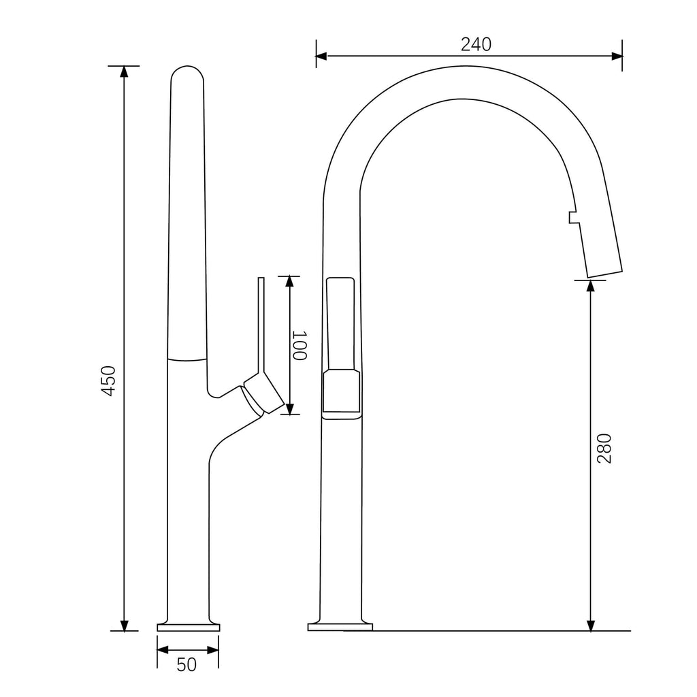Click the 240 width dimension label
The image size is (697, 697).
476,44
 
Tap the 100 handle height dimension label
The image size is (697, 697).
300,345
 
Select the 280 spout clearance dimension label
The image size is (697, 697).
604,448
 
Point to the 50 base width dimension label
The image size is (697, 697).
187,664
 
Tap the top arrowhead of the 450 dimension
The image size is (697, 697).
124,72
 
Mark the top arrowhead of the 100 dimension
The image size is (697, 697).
289,282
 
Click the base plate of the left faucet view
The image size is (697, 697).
189,627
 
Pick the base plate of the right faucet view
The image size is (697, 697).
340,627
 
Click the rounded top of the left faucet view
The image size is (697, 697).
187,74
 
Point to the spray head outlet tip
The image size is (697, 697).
604,272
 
